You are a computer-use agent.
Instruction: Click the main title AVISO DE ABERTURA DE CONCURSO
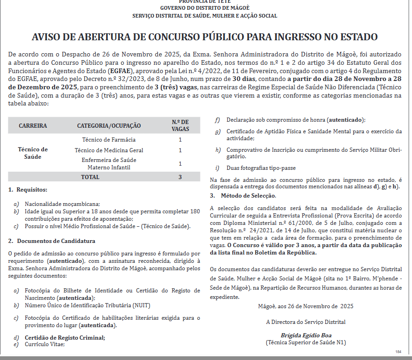204,37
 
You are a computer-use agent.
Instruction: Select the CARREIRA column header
33,126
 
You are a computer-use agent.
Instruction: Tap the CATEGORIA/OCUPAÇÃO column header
109,126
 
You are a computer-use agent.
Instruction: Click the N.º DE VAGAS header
180,125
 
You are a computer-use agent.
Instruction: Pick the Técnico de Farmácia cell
109,140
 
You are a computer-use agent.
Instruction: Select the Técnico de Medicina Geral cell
109,150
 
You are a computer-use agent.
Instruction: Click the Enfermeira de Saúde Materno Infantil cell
109,163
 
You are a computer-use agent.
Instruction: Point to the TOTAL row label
90,177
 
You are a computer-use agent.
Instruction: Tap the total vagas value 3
180,177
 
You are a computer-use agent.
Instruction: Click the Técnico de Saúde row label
33,153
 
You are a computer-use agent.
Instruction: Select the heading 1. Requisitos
28,190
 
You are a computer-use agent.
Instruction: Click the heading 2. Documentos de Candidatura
52,241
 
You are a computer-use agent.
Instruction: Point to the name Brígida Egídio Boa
306,335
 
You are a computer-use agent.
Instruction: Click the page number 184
398,352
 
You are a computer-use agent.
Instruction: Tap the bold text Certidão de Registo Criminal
65,337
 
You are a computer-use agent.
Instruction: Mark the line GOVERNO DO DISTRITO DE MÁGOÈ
205,8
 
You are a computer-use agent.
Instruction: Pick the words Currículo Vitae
45,344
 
